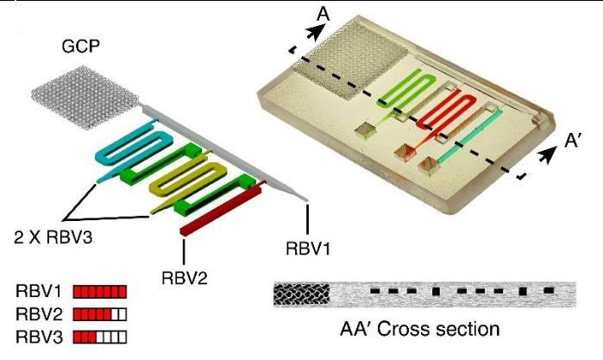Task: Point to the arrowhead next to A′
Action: click(x=550, y=154)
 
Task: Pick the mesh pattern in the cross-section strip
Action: click(x=301, y=295)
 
